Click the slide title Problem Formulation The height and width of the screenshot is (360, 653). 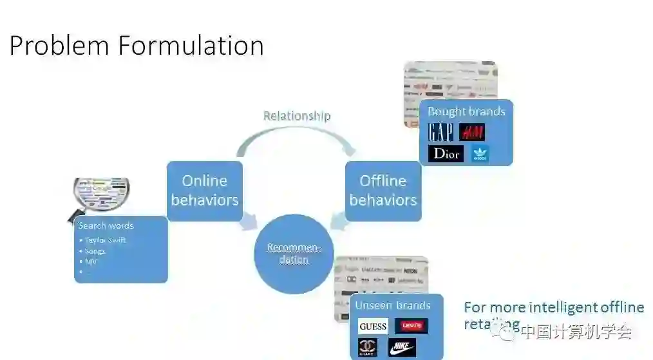(137, 46)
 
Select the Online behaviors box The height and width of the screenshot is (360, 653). (205, 191)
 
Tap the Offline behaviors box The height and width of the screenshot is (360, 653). (383, 191)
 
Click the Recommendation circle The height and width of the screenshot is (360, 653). (294, 254)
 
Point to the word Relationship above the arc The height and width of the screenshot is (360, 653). (297, 116)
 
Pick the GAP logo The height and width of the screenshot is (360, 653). (441, 132)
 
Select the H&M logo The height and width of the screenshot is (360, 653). (472, 132)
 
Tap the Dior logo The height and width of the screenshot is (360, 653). (446, 153)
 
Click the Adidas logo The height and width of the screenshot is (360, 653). (480, 154)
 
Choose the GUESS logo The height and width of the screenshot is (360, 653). (373, 326)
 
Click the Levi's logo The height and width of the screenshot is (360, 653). (411, 326)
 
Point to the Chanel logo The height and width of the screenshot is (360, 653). (368, 348)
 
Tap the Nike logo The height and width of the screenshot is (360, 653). (402, 348)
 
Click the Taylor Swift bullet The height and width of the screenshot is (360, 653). (106, 240)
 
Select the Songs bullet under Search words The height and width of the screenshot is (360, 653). (95, 251)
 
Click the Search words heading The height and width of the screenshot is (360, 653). (106, 226)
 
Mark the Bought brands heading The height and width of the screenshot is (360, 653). (466, 111)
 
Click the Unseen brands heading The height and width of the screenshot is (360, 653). (393, 305)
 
